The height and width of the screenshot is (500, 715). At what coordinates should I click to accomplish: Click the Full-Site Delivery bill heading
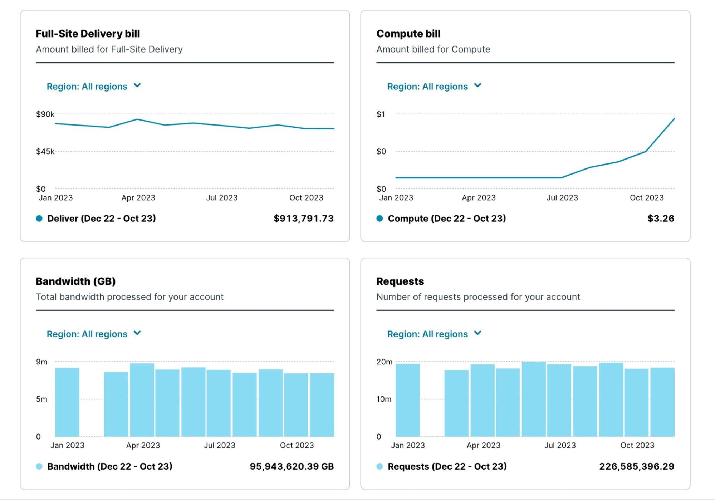pyautogui.click(x=88, y=34)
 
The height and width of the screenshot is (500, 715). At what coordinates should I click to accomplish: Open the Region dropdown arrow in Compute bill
pyautogui.click(x=478, y=85)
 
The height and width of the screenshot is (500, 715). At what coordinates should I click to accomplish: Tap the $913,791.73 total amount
pyautogui.click(x=303, y=219)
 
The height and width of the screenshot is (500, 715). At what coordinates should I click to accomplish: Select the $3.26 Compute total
pyautogui.click(x=660, y=219)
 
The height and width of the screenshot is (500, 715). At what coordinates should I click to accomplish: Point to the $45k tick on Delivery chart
pyautogui.click(x=45, y=152)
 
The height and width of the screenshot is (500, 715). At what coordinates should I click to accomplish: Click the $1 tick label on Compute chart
pyautogui.click(x=381, y=114)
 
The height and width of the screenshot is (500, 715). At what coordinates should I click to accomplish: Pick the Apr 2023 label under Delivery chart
pyautogui.click(x=138, y=198)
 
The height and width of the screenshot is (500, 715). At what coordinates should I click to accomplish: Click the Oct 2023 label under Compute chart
pyautogui.click(x=646, y=198)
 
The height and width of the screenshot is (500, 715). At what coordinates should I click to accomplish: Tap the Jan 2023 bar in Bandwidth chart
pyautogui.click(x=67, y=402)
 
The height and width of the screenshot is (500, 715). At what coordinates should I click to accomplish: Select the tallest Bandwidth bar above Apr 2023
pyautogui.click(x=142, y=400)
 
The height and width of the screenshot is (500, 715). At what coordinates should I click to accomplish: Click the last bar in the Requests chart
pyautogui.click(x=662, y=402)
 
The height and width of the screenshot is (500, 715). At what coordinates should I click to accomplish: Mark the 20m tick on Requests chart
pyautogui.click(x=384, y=362)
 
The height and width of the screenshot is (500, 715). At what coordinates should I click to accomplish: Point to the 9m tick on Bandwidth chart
pyautogui.click(x=41, y=362)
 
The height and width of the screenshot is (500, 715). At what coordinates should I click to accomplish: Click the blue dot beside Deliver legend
pyautogui.click(x=39, y=219)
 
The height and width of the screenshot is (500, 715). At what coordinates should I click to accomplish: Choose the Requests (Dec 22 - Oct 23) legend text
pyautogui.click(x=447, y=466)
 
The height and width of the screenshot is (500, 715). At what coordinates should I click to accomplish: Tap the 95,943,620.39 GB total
pyautogui.click(x=292, y=466)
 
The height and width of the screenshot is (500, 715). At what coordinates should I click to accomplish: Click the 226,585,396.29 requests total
pyautogui.click(x=636, y=466)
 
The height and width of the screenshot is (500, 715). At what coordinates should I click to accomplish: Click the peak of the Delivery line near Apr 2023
pyautogui.click(x=137, y=119)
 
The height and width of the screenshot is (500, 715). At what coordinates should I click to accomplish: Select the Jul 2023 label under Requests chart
pyautogui.click(x=560, y=446)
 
